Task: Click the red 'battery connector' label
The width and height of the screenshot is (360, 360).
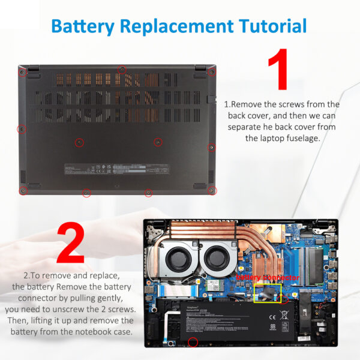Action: pos(267,278)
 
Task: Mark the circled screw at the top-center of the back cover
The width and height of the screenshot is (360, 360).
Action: pos(122,70)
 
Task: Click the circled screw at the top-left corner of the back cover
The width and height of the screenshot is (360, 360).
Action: pos(22,73)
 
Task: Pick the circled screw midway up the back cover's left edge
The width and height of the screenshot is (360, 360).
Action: pos(22,129)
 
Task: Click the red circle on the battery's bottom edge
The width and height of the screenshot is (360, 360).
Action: pos(193,343)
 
